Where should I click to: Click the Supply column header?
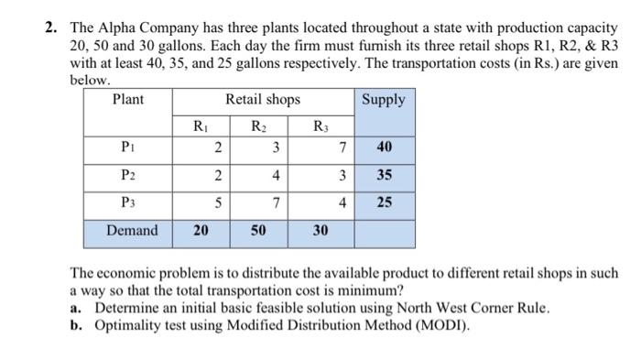(384, 99)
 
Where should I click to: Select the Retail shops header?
(263, 99)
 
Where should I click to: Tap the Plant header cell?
(127, 99)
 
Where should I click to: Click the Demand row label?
(132, 230)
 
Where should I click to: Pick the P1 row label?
(127, 147)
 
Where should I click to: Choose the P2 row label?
(127, 175)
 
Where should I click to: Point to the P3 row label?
(127, 202)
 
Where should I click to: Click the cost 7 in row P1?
(341, 147)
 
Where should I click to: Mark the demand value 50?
(257, 231)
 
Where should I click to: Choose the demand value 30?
(320, 231)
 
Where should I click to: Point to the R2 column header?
(258, 125)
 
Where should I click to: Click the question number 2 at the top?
(53, 27)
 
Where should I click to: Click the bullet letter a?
(76, 306)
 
